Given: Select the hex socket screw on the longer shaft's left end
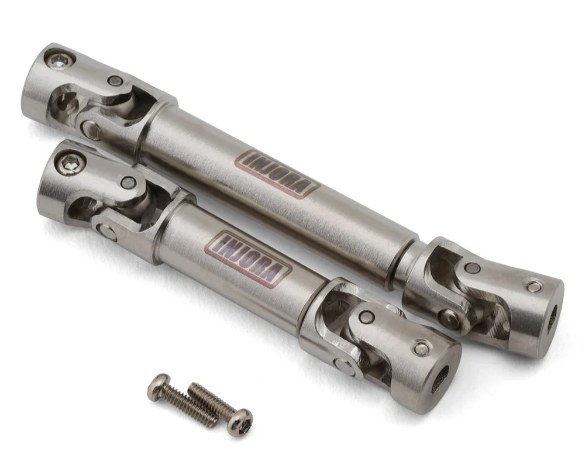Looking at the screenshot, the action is [x=60, y=58].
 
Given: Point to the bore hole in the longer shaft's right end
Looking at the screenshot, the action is [x=553, y=318].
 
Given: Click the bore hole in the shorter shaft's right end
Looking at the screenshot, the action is [x=441, y=380].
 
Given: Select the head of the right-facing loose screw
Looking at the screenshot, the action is [x=239, y=422].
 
